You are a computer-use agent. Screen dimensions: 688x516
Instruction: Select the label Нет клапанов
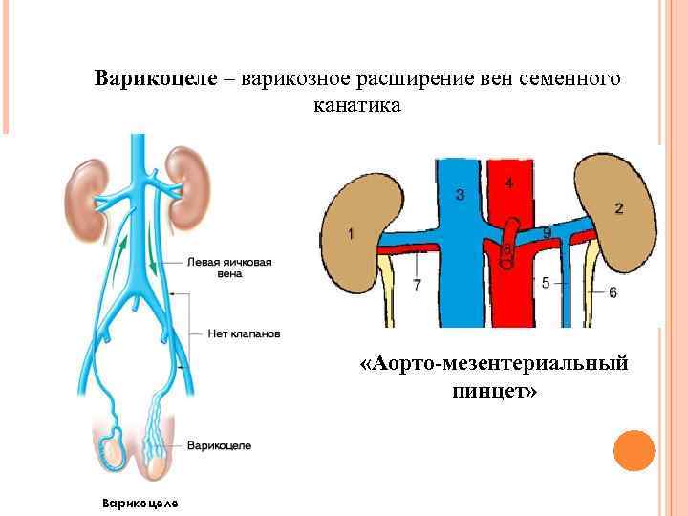click(x=244, y=333)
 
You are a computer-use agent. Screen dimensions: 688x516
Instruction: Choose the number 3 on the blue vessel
click(x=460, y=196)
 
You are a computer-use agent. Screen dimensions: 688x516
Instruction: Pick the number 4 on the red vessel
click(x=507, y=182)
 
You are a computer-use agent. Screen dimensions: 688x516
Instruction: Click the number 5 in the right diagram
click(x=546, y=282)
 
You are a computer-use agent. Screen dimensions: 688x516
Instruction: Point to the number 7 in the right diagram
click(x=417, y=285)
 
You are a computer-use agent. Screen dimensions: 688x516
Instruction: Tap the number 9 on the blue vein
click(x=547, y=233)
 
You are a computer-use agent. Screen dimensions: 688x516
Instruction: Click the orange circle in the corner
click(x=633, y=451)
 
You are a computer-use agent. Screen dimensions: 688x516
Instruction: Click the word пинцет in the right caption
click(x=491, y=392)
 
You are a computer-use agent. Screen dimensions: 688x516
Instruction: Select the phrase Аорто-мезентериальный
click(x=496, y=364)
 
